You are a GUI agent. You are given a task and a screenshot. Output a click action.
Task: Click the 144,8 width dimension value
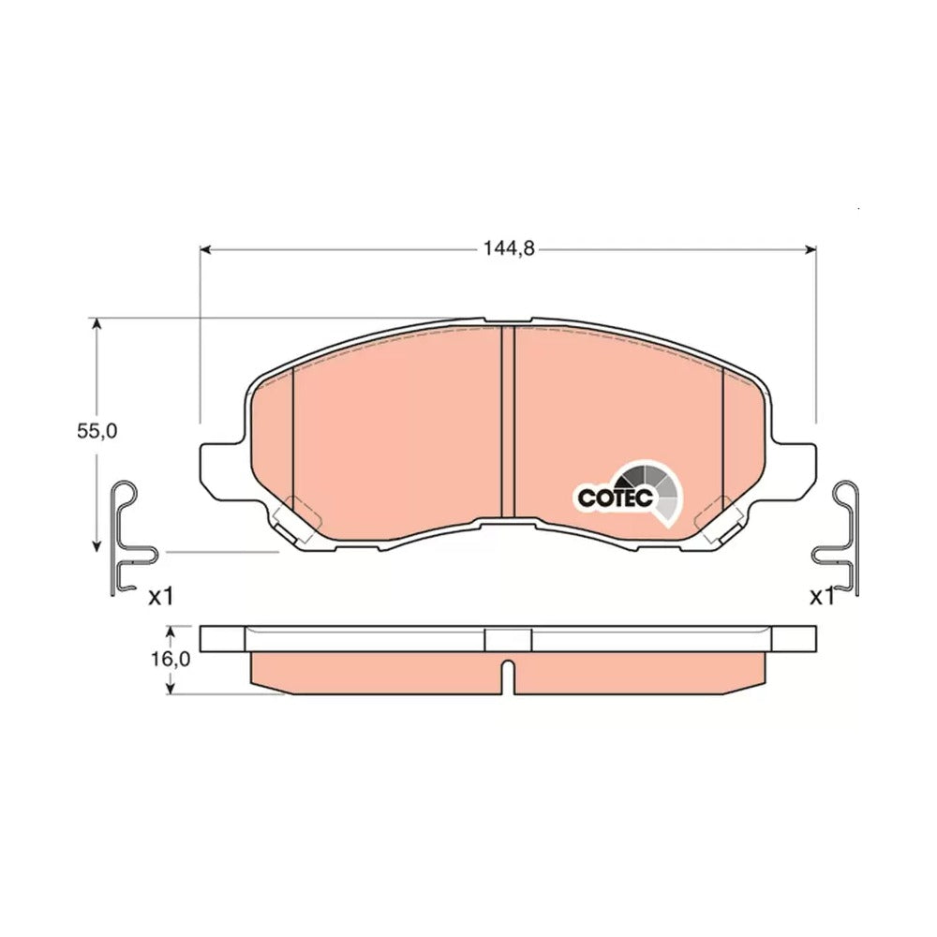(x=509, y=248)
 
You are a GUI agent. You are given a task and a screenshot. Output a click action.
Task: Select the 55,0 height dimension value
(x=97, y=431)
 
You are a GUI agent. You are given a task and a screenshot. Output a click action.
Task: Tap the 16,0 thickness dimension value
(x=171, y=659)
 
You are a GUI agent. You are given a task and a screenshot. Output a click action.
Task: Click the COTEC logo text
(x=615, y=498)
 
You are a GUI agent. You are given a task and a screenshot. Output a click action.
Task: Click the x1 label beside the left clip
(x=161, y=596)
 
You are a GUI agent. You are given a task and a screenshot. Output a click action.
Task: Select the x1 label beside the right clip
(x=822, y=596)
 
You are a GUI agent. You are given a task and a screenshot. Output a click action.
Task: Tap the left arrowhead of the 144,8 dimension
(x=205, y=249)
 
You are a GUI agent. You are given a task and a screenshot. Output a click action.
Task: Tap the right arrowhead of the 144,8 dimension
(x=811, y=249)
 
